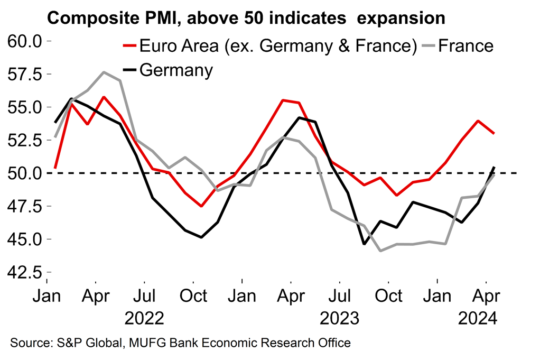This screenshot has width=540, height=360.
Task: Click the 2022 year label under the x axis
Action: coord(144,318)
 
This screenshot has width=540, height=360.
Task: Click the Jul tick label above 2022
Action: coord(144,296)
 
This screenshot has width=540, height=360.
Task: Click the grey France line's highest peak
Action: coord(104,72)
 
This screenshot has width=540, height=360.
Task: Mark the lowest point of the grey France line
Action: coord(380,251)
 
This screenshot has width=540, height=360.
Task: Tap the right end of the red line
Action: coord(494,133)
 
